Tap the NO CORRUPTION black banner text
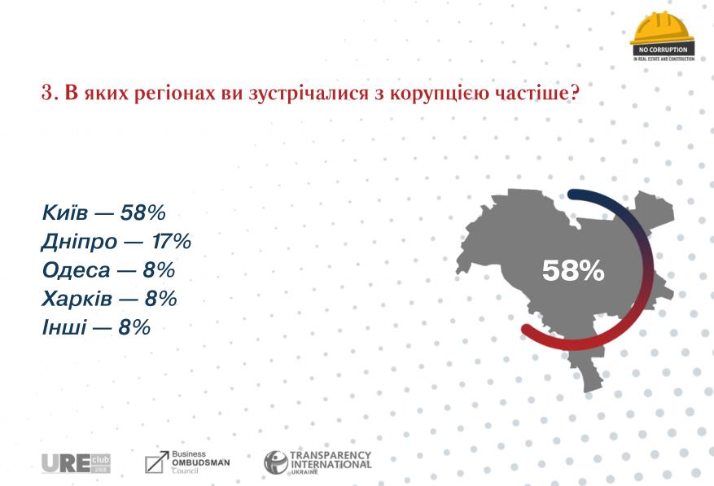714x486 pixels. point(663,50)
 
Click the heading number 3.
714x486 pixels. point(47,93)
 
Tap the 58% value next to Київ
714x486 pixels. point(143,214)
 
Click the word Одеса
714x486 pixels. point(73,271)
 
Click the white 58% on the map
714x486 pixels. point(573,271)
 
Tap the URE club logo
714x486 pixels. point(76,463)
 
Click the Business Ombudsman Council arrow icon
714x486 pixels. point(156,462)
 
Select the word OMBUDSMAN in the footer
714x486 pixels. point(200,462)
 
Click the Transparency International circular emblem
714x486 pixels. point(275,463)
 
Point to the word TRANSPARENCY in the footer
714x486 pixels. point(331,455)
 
